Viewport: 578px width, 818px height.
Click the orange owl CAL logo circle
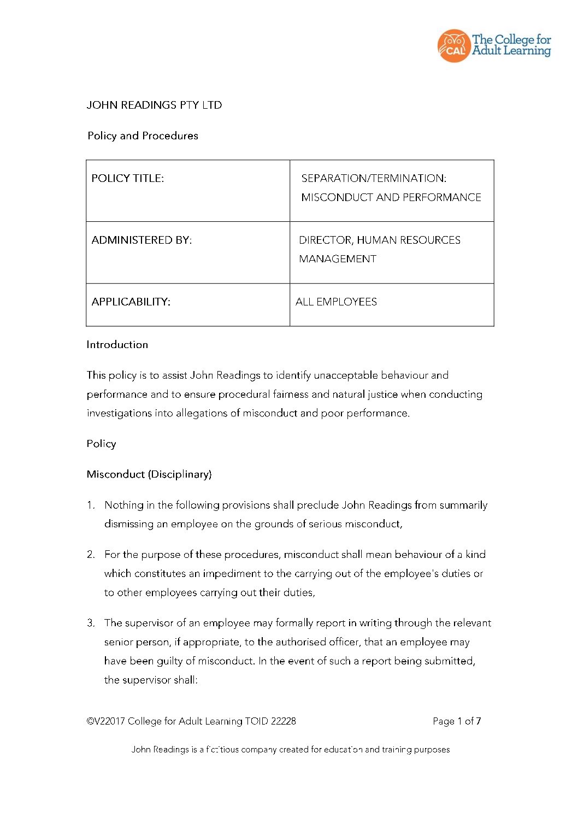click(453, 46)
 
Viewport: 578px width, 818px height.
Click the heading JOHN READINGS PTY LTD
click(154, 105)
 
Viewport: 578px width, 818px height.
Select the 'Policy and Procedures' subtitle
click(143, 136)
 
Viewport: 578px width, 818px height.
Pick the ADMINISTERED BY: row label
click(141, 240)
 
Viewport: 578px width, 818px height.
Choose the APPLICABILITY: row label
click(131, 302)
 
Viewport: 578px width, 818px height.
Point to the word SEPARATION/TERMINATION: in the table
click(374, 178)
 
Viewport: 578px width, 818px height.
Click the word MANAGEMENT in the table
click(338, 259)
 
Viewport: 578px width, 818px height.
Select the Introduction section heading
click(117, 344)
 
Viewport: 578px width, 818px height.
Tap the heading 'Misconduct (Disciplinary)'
click(149, 474)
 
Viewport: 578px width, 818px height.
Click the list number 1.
click(91, 505)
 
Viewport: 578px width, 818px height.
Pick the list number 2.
click(91, 554)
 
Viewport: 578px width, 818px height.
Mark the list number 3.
click(91, 622)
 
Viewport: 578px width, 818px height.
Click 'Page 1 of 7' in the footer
click(457, 721)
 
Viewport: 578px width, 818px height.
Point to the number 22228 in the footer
click(284, 721)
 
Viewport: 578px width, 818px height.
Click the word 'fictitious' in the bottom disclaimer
click(222, 749)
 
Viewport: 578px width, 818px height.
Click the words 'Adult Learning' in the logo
click(511, 51)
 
